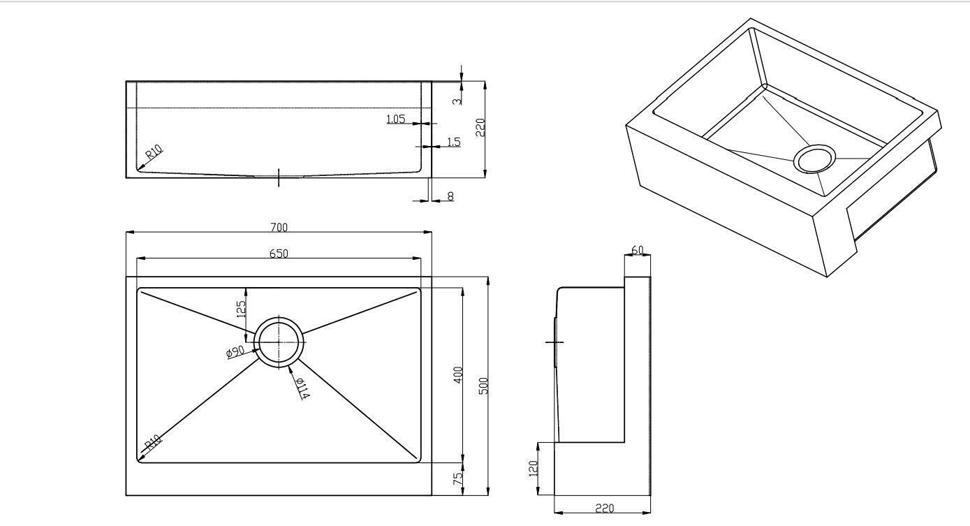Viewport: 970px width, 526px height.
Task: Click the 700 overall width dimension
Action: [279, 227]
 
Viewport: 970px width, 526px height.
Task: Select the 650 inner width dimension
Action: [279, 253]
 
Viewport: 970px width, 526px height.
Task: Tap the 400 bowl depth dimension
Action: [458, 375]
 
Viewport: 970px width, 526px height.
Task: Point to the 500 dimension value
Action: [484, 386]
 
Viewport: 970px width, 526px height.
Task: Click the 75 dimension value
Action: [458, 478]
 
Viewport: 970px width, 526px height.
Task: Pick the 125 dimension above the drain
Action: [241, 309]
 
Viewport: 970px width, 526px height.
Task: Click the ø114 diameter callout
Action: [302, 388]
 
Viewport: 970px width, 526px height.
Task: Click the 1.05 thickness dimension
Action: [396, 119]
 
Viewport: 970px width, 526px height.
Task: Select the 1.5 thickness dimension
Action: [453, 142]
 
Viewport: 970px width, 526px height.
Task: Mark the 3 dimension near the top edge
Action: [457, 101]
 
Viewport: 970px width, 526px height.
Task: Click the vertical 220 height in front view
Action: [480, 127]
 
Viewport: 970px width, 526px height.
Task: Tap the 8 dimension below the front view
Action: [450, 196]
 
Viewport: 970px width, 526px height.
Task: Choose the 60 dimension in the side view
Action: [638, 250]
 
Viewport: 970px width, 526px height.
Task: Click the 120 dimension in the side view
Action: [533, 469]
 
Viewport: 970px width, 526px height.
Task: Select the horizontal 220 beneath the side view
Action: [605, 508]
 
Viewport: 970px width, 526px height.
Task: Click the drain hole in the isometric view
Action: [814, 159]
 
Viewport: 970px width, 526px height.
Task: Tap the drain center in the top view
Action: [279, 342]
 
